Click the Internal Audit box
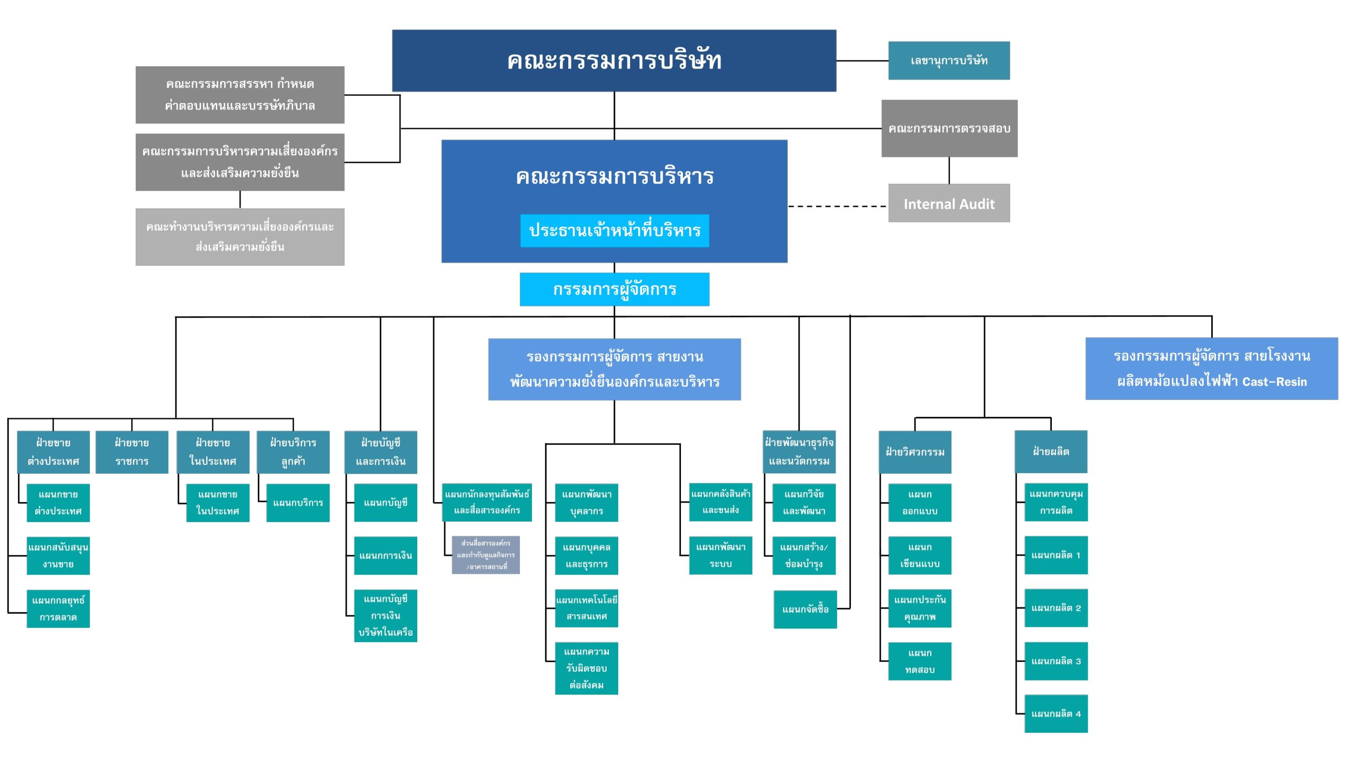(949, 203)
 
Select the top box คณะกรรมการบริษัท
(614, 61)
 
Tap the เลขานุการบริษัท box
(949, 61)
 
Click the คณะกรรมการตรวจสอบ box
(949, 128)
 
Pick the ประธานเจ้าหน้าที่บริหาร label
(615, 231)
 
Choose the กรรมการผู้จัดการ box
(614, 289)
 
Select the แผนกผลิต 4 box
(1056, 714)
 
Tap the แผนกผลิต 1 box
(1056, 555)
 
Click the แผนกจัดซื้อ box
(805, 610)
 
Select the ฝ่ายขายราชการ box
(132, 452)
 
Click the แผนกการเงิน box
(385, 555)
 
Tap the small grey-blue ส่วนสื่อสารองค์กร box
(486, 555)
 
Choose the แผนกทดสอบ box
(919, 661)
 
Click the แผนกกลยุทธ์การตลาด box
(58, 609)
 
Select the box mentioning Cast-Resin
(1211, 368)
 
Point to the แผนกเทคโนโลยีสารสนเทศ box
(586, 608)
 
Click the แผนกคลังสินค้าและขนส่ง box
(720, 502)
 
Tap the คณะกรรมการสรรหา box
(240, 95)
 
